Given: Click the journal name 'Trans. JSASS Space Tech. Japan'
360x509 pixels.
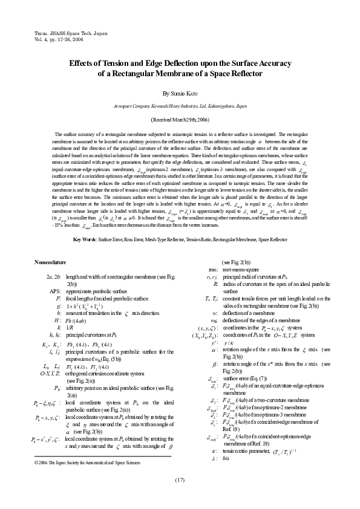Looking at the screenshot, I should point(67,29).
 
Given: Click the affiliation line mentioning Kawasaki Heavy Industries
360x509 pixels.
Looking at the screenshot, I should point(180,105).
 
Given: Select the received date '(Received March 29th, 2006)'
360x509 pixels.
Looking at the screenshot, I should point(180,120).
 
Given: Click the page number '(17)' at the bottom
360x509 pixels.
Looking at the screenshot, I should point(180,480).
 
